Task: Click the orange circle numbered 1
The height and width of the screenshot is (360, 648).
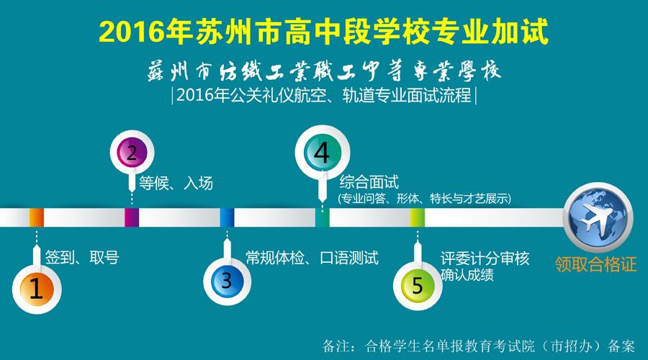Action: point(37,289)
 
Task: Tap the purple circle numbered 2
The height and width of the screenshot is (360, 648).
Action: point(132,153)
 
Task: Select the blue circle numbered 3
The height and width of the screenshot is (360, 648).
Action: point(227,282)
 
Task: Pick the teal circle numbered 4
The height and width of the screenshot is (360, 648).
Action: point(323,153)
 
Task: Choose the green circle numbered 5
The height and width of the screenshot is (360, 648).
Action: point(418,286)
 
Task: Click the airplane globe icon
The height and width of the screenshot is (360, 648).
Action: point(598,217)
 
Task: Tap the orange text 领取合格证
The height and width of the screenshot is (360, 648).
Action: point(595,264)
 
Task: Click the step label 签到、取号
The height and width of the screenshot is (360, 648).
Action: point(82,258)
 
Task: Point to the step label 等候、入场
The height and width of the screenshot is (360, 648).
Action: point(176,183)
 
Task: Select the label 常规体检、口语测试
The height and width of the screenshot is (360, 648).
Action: point(312,258)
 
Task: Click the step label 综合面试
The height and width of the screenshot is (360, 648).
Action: point(369,182)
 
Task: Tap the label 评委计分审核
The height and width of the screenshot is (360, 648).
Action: point(485,258)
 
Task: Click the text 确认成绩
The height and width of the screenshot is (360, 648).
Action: point(467,275)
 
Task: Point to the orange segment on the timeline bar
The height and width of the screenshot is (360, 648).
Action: point(37,217)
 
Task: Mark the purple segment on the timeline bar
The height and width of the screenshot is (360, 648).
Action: point(132,217)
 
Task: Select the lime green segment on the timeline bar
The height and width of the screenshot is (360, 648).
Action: point(418,217)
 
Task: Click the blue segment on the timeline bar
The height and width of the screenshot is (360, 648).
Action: point(227,217)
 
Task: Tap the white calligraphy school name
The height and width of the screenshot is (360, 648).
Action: point(324,71)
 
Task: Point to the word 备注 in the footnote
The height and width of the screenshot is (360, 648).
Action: point(335,346)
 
